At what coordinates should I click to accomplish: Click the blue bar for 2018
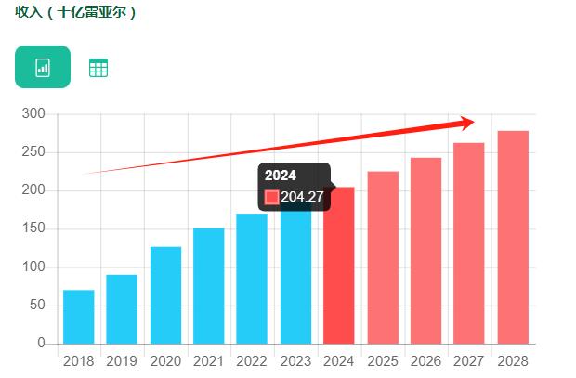[x=78, y=317]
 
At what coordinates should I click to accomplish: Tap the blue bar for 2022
[x=252, y=279]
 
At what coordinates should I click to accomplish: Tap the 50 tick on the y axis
[x=37, y=305]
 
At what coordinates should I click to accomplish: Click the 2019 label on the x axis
[x=122, y=360]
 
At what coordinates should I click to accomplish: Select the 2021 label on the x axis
[x=208, y=360]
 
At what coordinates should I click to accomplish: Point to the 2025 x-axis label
[x=382, y=360]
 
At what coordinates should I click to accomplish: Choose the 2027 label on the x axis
[x=469, y=360]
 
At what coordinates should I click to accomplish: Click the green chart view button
[x=43, y=67]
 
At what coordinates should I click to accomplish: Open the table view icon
[x=98, y=68]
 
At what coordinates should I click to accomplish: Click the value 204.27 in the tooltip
[x=302, y=197]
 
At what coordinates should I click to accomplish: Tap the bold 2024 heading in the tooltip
[x=281, y=176]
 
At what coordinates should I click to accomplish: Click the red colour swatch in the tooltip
[x=271, y=197]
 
